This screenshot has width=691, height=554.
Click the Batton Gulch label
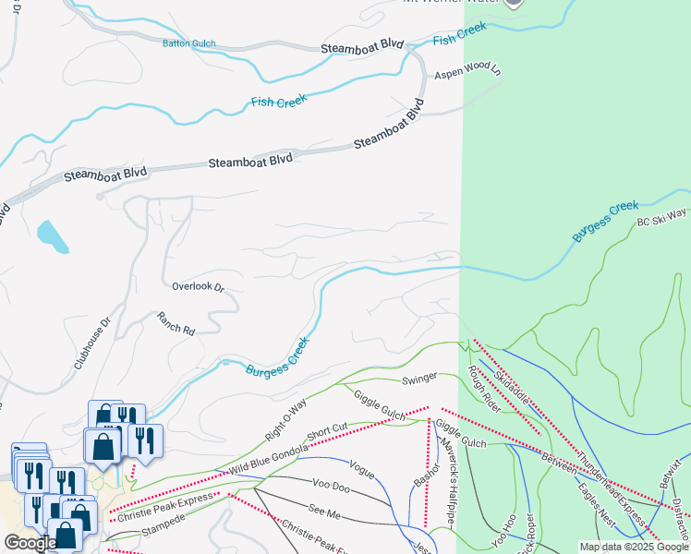(x=188, y=42)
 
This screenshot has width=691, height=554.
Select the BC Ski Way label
(x=661, y=218)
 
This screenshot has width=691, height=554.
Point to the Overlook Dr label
(x=198, y=287)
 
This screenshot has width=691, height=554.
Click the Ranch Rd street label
(x=176, y=323)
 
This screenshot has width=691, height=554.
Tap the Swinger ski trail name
(x=418, y=379)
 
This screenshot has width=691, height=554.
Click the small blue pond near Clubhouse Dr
(x=53, y=236)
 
